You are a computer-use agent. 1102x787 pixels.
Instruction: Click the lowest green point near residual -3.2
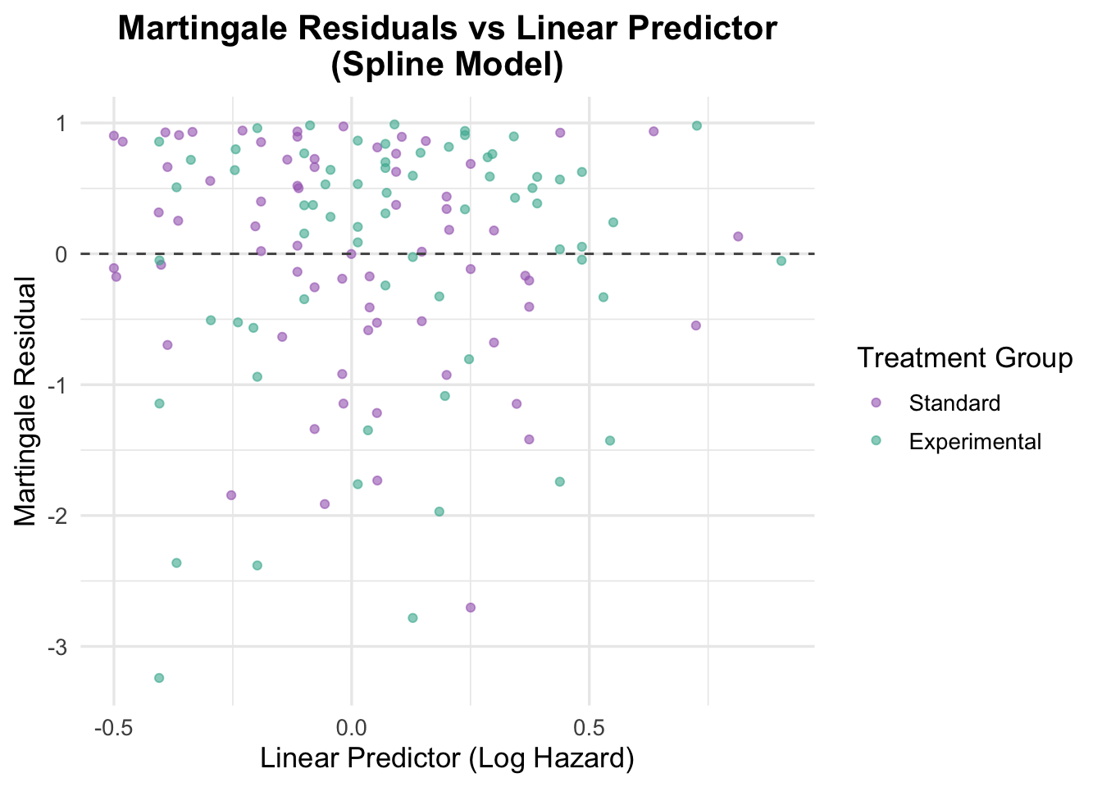pos(159,677)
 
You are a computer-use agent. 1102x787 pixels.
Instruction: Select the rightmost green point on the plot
pos(781,261)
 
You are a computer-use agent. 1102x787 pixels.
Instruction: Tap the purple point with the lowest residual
pos(471,607)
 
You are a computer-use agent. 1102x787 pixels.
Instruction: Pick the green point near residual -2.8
pos(412,617)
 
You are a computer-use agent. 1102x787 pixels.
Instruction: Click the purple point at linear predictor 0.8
pos(738,236)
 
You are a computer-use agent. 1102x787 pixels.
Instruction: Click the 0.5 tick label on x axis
pos(589,726)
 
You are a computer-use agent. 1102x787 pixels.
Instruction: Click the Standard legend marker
pos(876,403)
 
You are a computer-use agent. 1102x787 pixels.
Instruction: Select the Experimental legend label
pos(975,442)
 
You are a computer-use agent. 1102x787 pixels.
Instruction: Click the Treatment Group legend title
pos(964,358)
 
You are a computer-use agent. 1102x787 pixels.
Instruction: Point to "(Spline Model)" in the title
pos(447,66)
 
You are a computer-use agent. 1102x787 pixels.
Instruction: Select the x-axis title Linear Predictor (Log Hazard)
pos(447,758)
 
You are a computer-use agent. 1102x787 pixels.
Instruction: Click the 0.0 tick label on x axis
pos(351,726)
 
